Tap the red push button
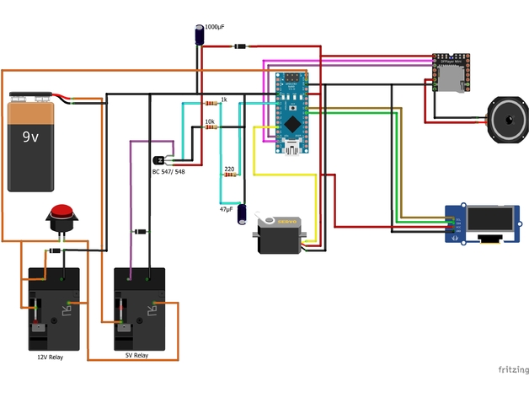point(61,217)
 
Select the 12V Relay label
point(56,358)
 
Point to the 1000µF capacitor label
point(215,28)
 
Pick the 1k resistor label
point(223,100)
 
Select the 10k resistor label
point(210,122)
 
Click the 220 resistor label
point(229,169)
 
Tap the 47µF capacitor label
point(227,207)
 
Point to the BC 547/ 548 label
point(168,171)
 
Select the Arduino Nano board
point(291,113)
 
